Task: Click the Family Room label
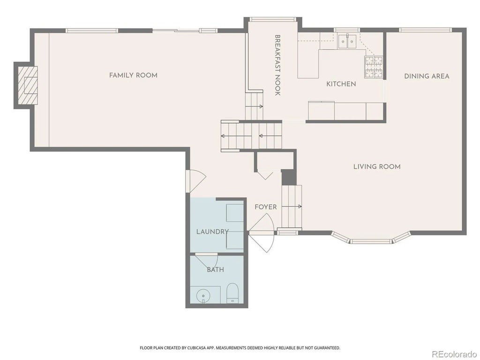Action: [x=133, y=75]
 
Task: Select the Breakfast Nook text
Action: [x=277, y=66]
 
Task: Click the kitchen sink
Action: [x=347, y=42]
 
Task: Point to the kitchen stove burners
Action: [x=374, y=67]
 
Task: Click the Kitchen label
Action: [x=341, y=84]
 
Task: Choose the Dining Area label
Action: [x=427, y=76]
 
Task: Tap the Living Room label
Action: [x=377, y=167]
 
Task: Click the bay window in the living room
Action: [x=371, y=240]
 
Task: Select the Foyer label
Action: [x=266, y=207]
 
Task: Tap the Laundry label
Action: [x=212, y=232]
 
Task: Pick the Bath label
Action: [x=215, y=270]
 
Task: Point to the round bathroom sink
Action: [x=203, y=295]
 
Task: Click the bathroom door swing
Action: [x=208, y=261]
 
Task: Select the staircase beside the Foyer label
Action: [x=291, y=206]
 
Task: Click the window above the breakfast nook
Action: [x=272, y=20]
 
